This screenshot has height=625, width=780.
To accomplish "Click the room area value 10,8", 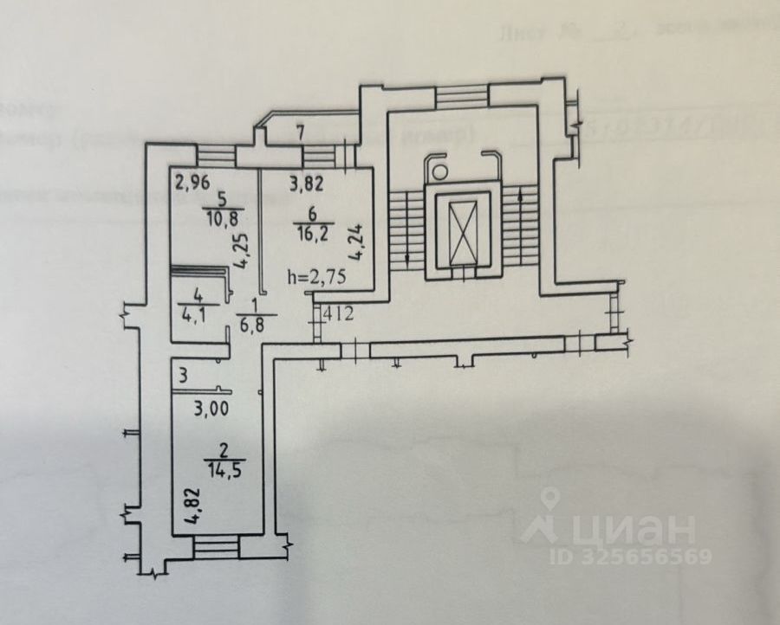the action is point(213,220).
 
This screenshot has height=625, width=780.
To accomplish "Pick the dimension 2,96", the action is point(192,183).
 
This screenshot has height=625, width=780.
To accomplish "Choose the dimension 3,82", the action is point(305,183).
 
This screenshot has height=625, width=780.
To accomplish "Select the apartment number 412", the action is point(339,314).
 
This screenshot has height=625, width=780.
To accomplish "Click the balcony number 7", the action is point(300,134).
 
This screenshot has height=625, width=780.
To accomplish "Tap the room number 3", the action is point(183,377).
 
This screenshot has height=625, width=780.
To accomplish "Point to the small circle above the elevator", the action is point(440,170).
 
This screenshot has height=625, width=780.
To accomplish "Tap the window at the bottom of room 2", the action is point(215,545).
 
